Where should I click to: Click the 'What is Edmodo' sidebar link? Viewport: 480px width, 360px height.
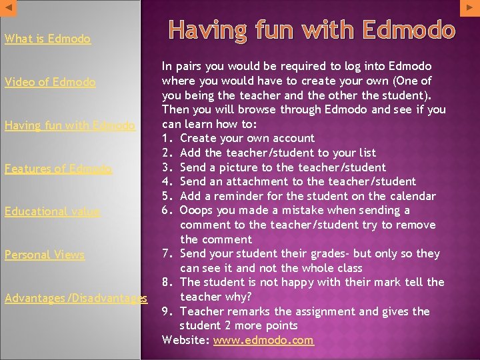click(x=47, y=39)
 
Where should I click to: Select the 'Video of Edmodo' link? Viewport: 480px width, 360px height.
click(x=50, y=82)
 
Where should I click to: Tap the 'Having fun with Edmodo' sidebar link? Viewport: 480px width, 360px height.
click(x=70, y=125)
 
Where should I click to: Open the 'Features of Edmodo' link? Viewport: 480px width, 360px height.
click(x=58, y=169)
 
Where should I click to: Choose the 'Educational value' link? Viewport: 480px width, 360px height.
click(x=52, y=211)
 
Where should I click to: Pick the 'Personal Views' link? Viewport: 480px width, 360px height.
click(x=45, y=254)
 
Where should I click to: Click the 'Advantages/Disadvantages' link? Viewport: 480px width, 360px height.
click(x=75, y=297)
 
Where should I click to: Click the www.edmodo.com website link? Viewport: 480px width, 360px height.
click(x=263, y=340)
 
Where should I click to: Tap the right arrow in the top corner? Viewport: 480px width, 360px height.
click(x=470, y=7)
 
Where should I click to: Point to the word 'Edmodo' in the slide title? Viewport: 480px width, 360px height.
click(x=409, y=30)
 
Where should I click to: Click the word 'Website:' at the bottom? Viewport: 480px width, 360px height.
click(x=186, y=340)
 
